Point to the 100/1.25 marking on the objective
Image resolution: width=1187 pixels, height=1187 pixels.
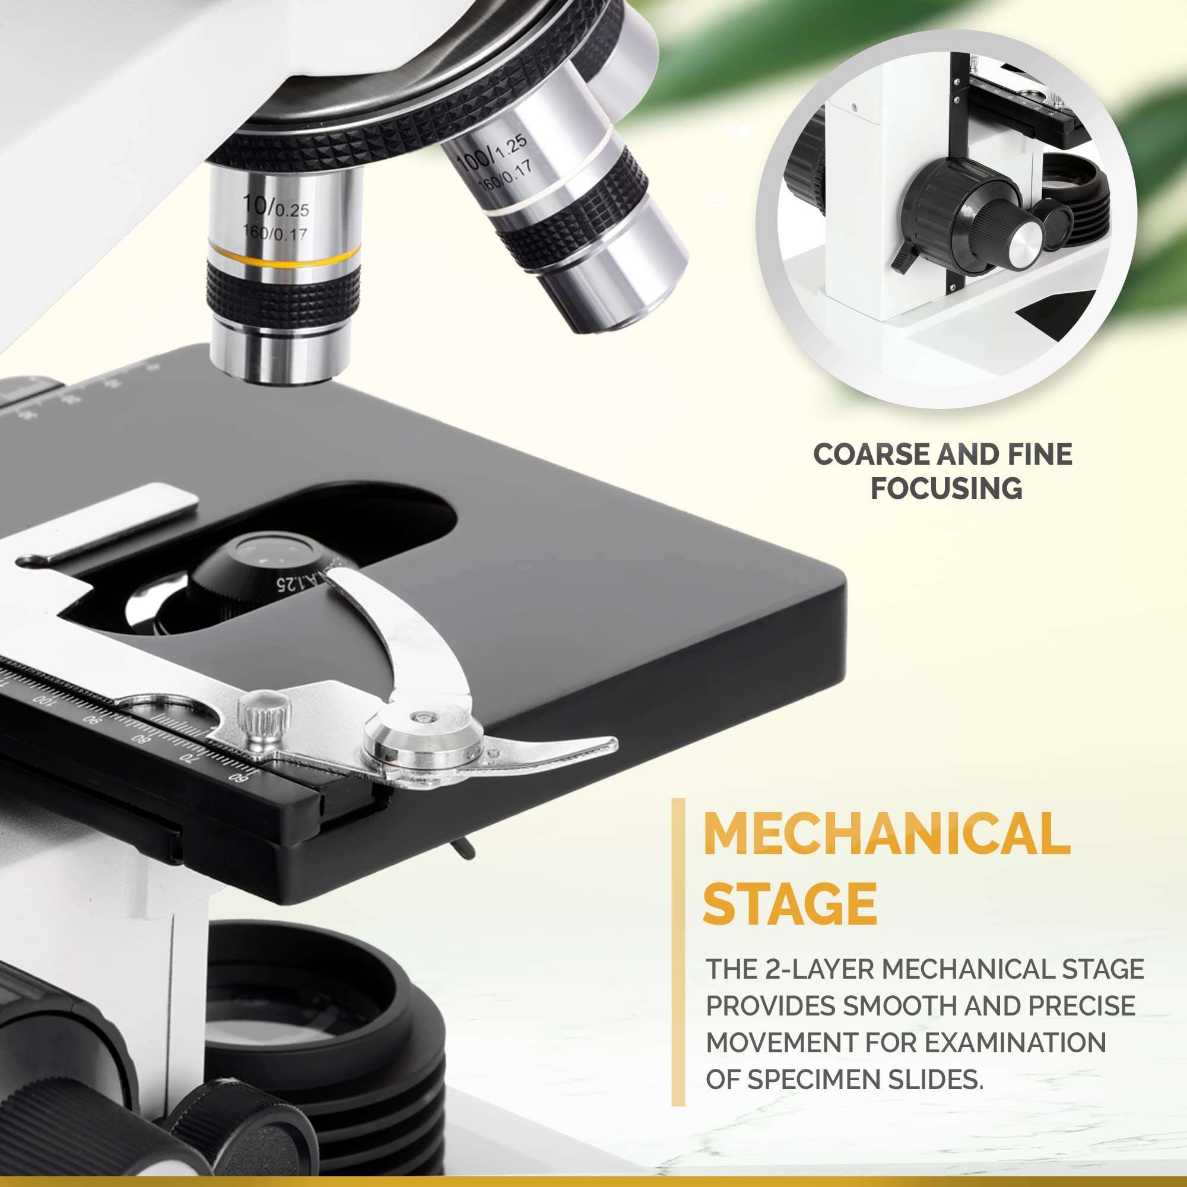tap(492, 154)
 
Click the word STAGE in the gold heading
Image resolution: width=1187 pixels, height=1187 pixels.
tap(790, 903)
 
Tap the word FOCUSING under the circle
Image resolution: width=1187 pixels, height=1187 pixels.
tap(947, 488)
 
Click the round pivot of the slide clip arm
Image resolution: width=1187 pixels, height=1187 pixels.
tap(423, 737)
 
